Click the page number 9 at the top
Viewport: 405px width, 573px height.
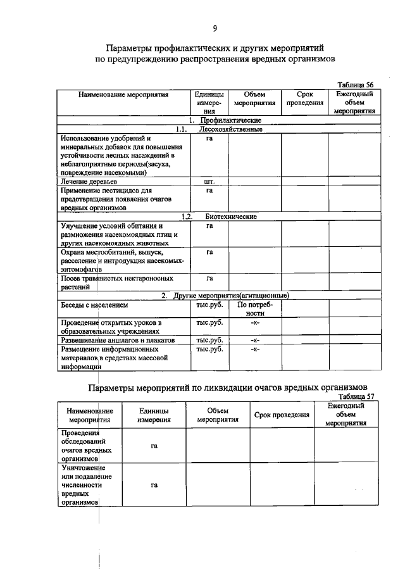point(215,28)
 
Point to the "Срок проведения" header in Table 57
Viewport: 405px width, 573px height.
point(282,415)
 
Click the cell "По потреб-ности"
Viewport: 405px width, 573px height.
point(254,308)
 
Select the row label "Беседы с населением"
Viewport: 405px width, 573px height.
point(94,305)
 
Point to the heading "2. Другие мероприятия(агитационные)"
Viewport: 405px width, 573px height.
point(225,295)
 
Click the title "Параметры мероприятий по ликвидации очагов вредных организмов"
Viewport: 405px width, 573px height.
point(227,387)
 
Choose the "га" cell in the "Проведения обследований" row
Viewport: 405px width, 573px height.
point(154,446)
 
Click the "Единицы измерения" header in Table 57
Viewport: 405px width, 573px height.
point(154,415)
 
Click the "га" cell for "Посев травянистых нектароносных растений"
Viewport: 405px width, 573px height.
point(209,278)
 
